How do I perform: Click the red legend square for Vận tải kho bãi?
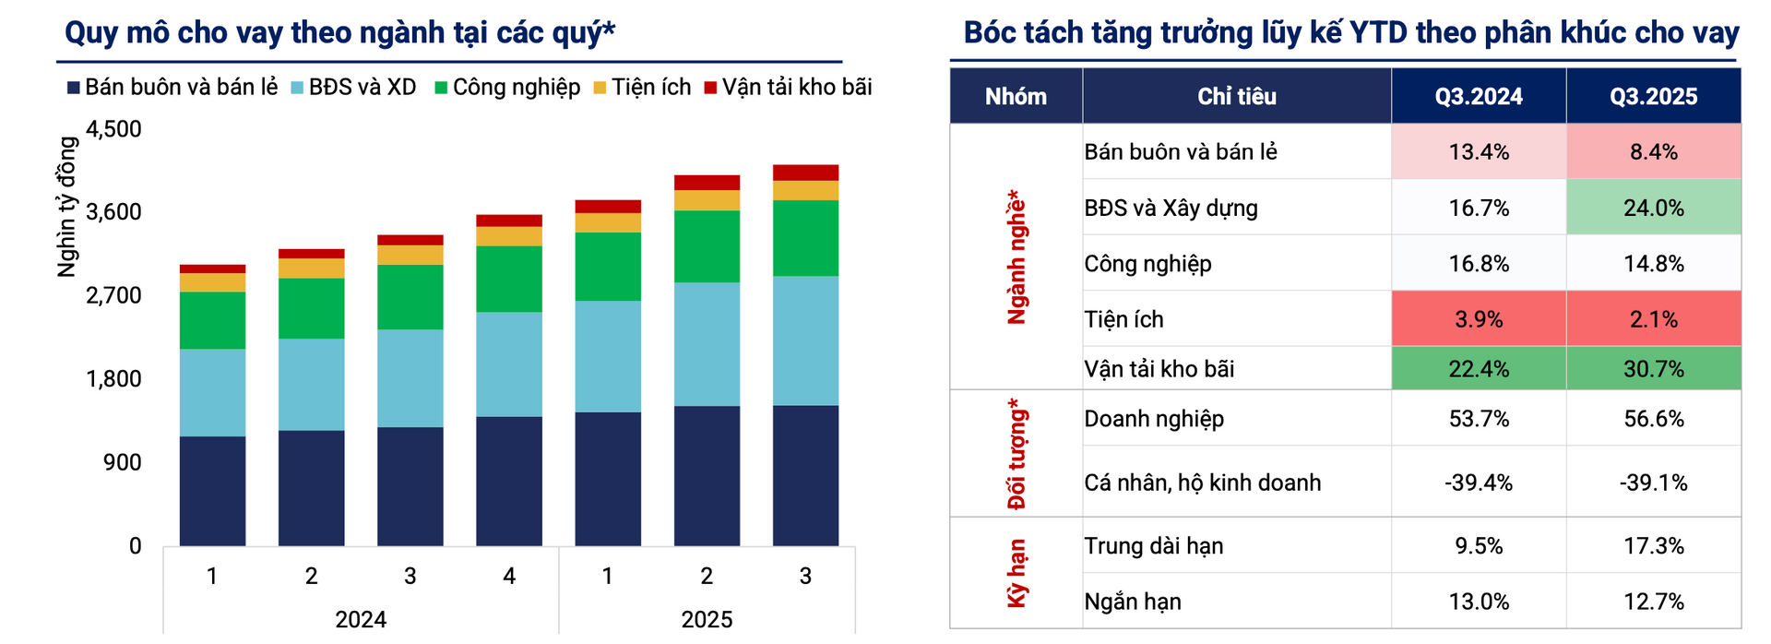click(710, 88)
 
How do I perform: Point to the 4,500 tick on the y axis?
click(113, 129)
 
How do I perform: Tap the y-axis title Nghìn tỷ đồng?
click(67, 207)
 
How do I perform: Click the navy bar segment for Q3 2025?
click(805, 475)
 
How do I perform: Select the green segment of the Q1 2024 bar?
click(212, 320)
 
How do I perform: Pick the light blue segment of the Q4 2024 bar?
click(509, 364)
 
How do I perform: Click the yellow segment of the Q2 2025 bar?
click(707, 200)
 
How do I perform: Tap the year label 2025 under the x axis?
click(707, 619)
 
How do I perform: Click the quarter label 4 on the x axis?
click(509, 577)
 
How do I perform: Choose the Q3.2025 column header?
click(1653, 96)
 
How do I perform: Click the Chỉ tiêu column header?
click(1236, 96)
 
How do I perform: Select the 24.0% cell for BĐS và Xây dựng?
click(1653, 208)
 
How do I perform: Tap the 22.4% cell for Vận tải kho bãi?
click(1478, 369)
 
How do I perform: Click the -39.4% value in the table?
click(1478, 483)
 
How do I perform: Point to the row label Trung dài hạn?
click(1153, 546)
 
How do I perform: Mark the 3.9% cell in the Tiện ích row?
click(1478, 319)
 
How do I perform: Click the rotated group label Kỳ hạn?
click(1016, 573)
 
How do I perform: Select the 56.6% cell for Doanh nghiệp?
click(1653, 419)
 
